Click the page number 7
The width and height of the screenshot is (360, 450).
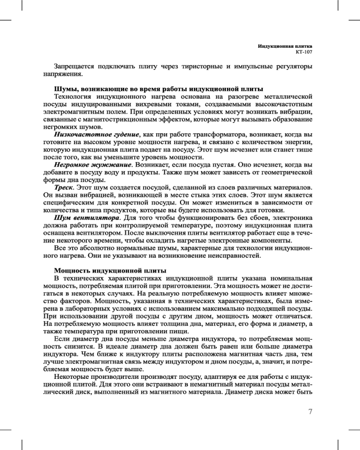(x=310, y=412)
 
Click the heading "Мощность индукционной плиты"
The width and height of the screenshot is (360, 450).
(x=110, y=270)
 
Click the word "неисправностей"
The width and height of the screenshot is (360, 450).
(x=234, y=256)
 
